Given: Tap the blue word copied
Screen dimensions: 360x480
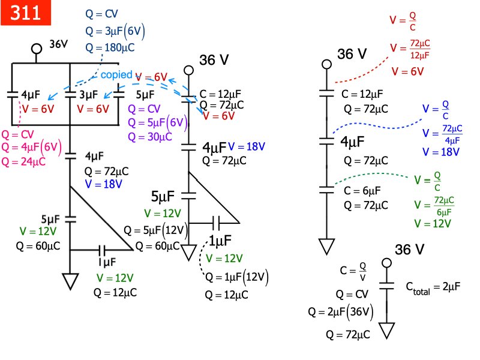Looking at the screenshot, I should (116, 75).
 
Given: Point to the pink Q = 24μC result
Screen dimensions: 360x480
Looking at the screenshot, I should (24, 161).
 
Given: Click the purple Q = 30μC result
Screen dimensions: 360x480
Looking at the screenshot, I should (150, 136).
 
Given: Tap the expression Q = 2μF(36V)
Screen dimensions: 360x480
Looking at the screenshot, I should (340, 312).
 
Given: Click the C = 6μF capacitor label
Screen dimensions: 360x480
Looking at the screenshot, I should (361, 190).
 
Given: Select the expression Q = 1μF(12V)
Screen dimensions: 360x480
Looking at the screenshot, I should (237, 277).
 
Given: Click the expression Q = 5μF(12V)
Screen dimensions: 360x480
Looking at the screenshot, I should (155, 230).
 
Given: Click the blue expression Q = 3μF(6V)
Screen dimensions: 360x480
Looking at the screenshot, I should (116, 32).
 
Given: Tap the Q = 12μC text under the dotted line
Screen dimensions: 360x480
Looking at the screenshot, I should (226, 295).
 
